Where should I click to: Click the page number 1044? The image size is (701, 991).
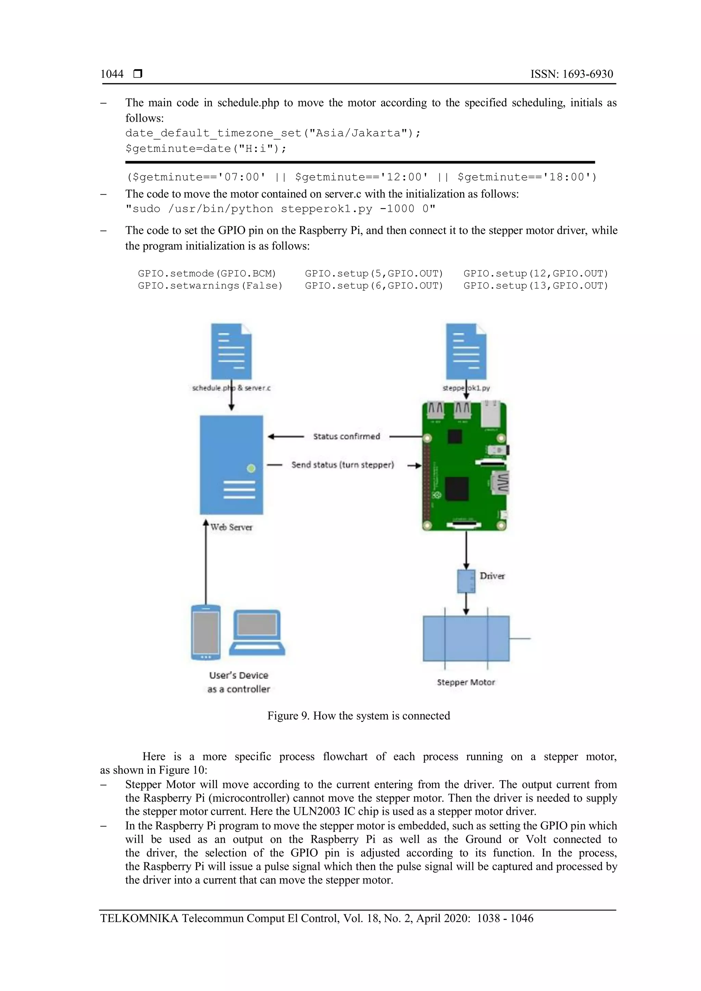pyautogui.click(x=112, y=74)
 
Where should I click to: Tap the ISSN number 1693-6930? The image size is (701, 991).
pyautogui.click(x=587, y=74)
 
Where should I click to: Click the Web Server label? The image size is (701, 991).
pyautogui.click(x=231, y=527)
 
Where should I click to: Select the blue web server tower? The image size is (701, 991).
pyautogui.click(x=231, y=464)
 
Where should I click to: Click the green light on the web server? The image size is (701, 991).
pyautogui.click(x=251, y=468)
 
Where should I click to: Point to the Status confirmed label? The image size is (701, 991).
pyautogui.click(x=347, y=436)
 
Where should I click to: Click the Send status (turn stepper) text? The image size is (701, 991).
pyautogui.click(x=343, y=465)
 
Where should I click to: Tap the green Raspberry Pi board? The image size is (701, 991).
pyautogui.click(x=464, y=466)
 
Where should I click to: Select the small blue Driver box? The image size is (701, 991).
pyautogui.click(x=466, y=581)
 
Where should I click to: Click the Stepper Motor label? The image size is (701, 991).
pyautogui.click(x=466, y=682)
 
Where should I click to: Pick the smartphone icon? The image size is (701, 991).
pyautogui.click(x=206, y=633)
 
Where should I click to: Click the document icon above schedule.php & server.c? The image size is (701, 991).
pyautogui.click(x=231, y=351)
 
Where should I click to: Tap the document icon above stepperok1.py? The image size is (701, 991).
pyautogui.click(x=466, y=351)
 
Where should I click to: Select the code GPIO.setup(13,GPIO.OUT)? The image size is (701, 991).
pyautogui.click(x=536, y=286)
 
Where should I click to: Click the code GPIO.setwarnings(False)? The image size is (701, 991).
pyautogui.click(x=210, y=286)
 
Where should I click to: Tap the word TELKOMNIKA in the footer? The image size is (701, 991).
pyautogui.click(x=139, y=918)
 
